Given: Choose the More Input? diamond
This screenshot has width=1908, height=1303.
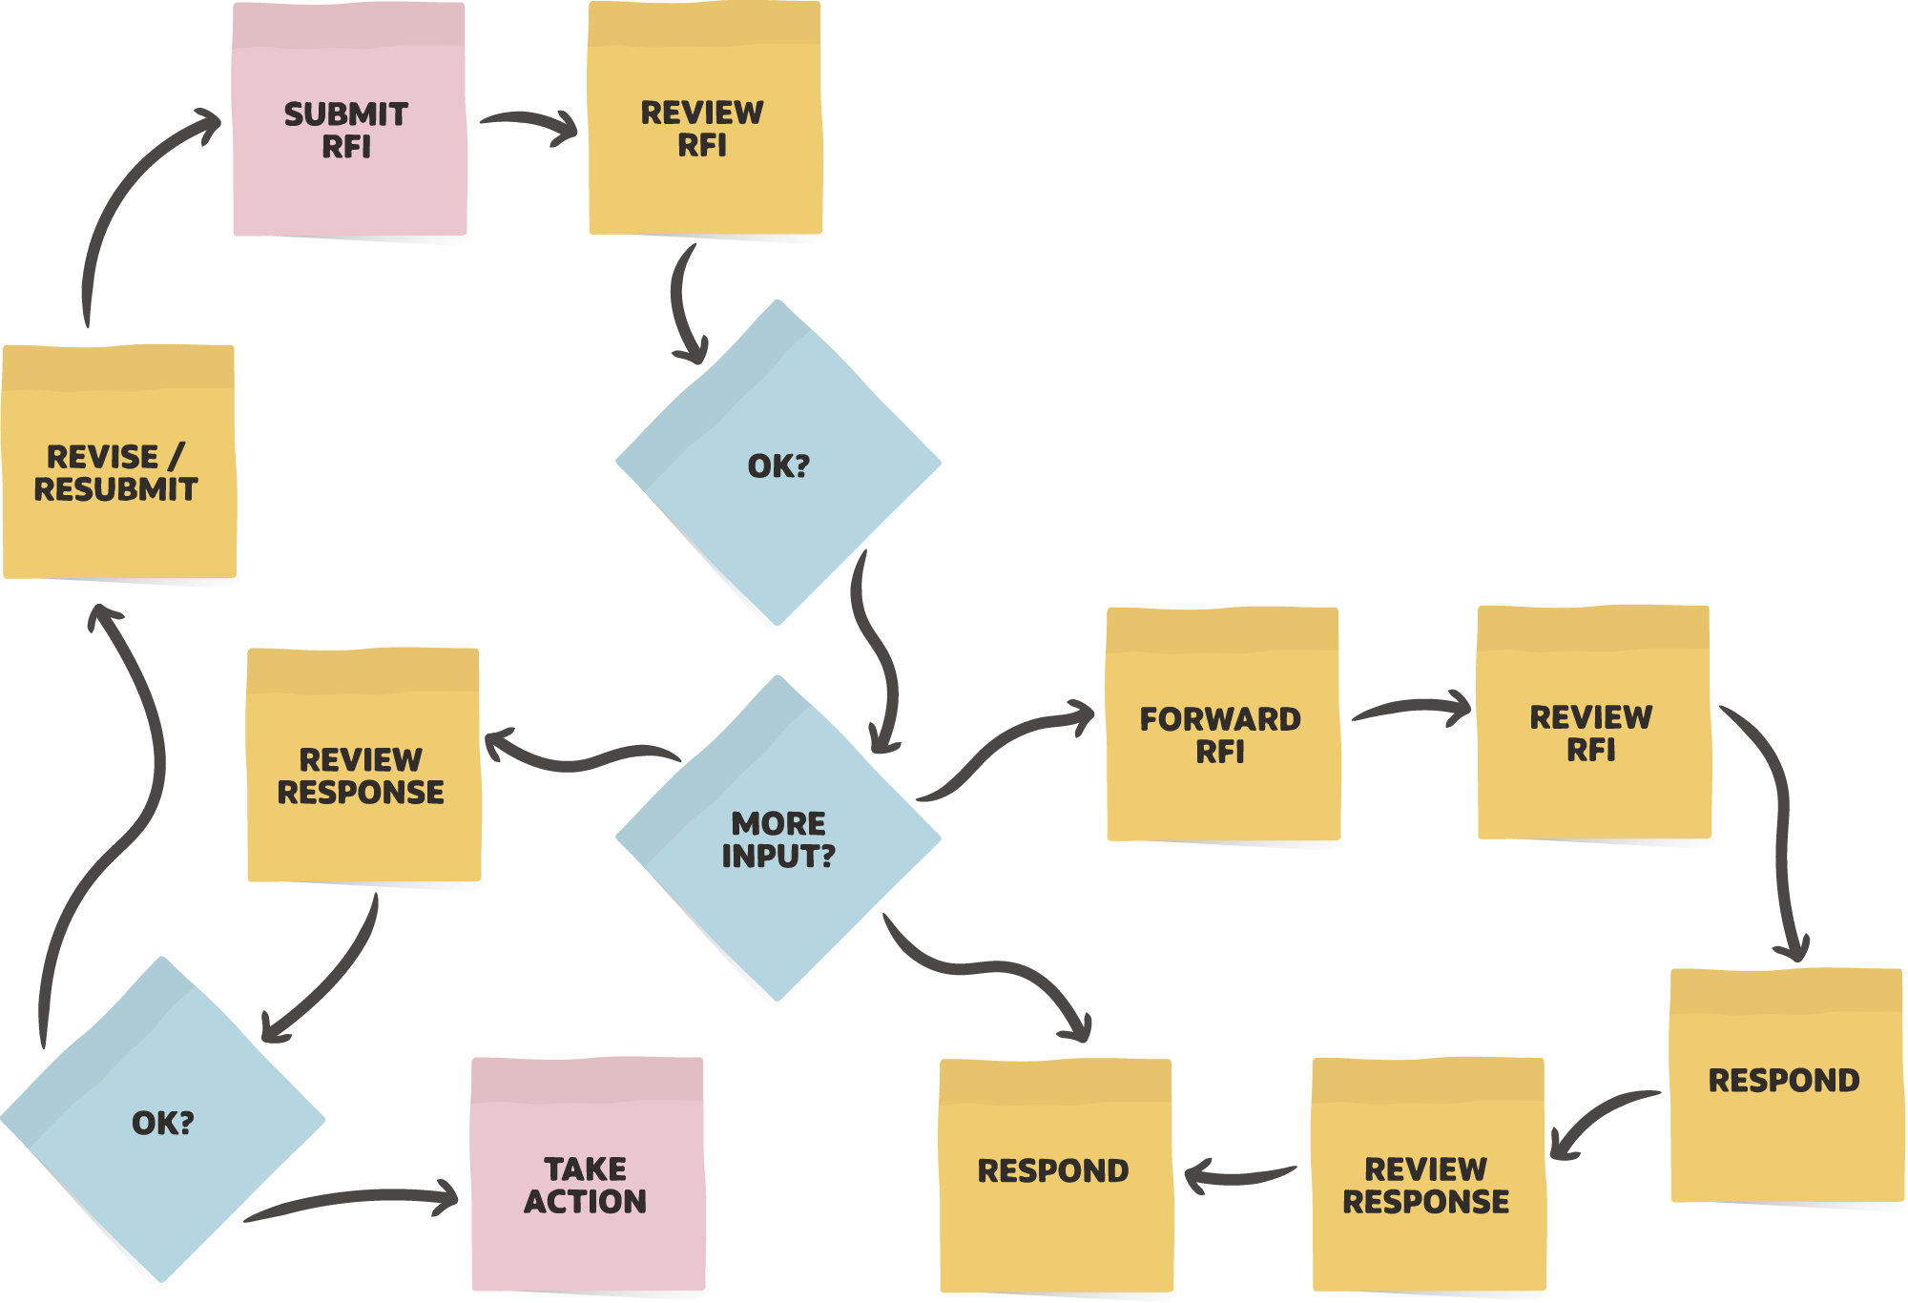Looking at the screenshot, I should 778,839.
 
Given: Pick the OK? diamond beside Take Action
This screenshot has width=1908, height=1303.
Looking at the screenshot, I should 163,1122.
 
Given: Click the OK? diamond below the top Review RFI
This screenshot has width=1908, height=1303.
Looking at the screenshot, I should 778,465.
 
